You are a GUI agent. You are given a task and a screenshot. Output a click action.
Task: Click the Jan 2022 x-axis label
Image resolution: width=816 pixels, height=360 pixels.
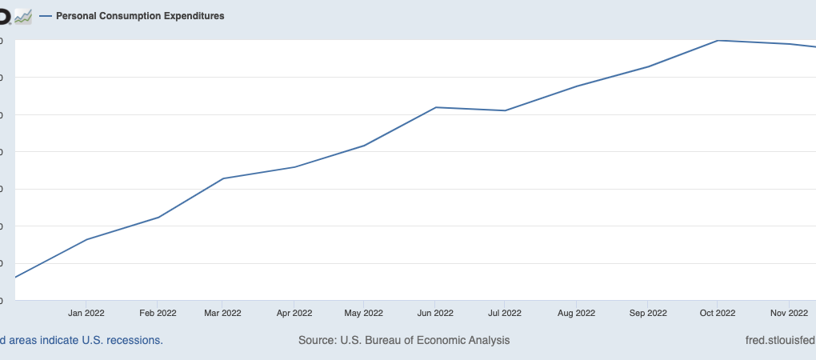pyautogui.click(x=86, y=313)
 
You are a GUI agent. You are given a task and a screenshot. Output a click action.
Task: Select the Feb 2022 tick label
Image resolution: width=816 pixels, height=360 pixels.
pyautogui.click(x=158, y=313)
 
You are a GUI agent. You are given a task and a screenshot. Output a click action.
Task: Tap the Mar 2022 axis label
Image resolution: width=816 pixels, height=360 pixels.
pyautogui.click(x=222, y=313)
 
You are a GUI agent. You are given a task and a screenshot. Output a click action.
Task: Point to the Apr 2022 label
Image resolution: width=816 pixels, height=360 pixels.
pyautogui.click(x=294, y=313)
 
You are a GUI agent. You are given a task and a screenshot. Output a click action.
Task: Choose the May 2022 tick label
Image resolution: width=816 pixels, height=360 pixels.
pyautogui.click(x=363, y=313)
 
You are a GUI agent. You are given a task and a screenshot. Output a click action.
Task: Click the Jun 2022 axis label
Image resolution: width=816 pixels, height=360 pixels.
pyautogui.click(x=435, y=313)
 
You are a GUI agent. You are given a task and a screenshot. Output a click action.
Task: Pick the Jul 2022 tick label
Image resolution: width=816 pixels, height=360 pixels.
pyautogui.click(x=505, y=313)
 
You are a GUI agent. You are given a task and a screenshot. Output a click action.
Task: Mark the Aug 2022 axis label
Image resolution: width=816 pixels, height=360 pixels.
pyautogui.click(x=576, y=313)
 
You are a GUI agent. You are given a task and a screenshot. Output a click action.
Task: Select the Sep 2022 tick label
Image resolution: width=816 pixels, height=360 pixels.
pyautogui.click(x=647, y=313)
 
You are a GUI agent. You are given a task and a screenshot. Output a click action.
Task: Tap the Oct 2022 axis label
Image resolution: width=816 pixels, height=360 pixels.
pyautogui.click(x=717, y=313)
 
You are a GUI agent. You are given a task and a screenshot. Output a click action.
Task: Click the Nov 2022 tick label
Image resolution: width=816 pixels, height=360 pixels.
pyautogui.click(x=788, y=313)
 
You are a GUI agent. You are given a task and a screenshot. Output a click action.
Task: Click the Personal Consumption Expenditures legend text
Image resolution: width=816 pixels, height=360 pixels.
pyautogui.click(x=140, y=16)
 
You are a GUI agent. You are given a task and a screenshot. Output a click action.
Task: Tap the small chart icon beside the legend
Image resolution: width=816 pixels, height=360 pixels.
pyautogui.click(x=23, y=16)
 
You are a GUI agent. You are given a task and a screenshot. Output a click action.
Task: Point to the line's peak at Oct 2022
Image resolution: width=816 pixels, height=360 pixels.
pyautogui.click(x=718, y=40)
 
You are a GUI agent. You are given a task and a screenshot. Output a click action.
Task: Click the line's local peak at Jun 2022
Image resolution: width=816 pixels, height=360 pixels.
pyautogui.click(x=435, y=107)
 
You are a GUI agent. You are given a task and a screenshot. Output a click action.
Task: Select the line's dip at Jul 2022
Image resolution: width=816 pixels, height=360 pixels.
pyautogui.click(x=505, y=110)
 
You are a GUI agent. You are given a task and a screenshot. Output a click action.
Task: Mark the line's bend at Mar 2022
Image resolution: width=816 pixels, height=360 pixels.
pyautogui.click(x=222, y=178)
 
